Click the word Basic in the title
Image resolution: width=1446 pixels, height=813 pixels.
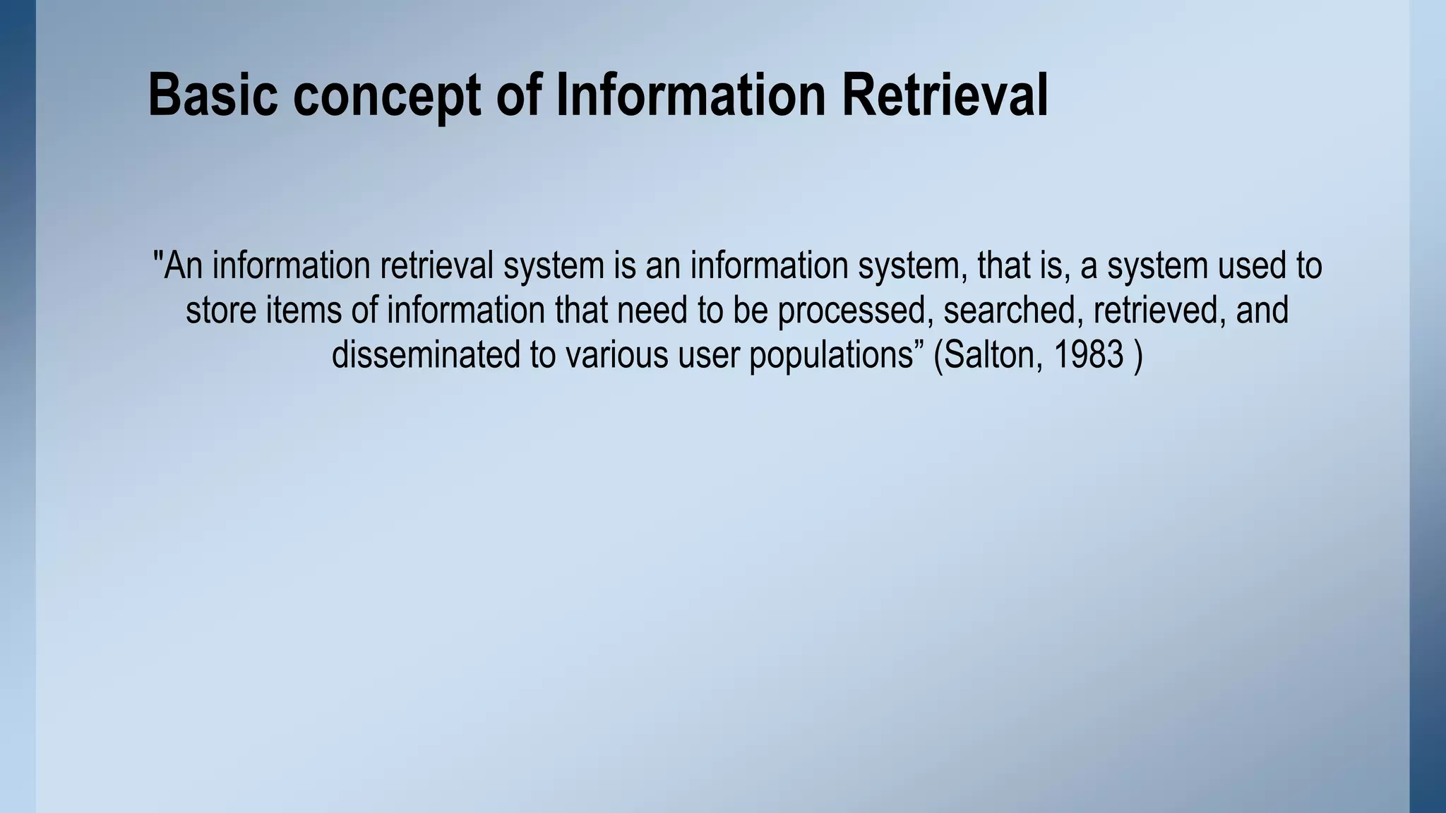pos(213,96)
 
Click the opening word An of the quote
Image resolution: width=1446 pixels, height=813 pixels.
pos(179,266)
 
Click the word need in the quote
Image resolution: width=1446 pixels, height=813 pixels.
pos(653,311)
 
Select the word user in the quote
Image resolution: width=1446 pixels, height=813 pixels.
pos(709,355)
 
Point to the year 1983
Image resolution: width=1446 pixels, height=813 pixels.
pos(1088,355)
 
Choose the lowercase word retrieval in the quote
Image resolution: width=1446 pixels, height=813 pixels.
pos(437,266)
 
